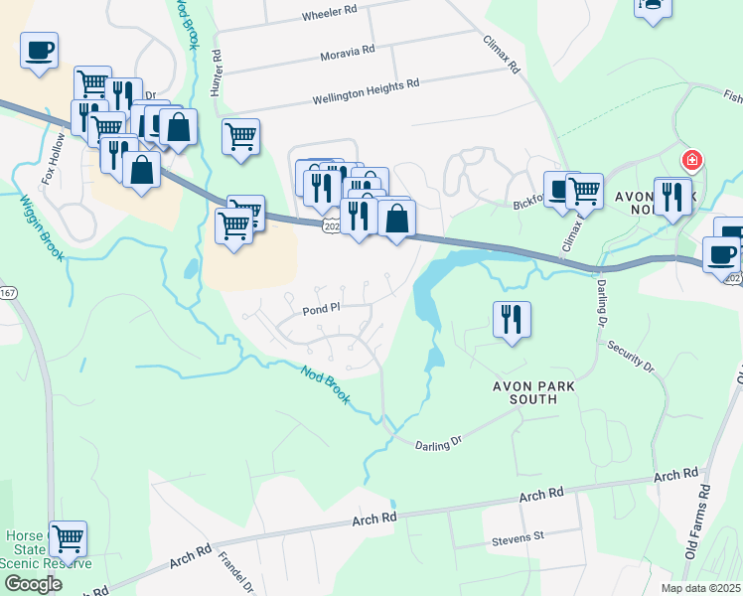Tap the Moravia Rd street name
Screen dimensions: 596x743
(x=348, y=49)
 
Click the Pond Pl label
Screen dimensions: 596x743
(x=322, y=309)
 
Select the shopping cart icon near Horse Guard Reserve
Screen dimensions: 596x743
(x=68, y=539)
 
